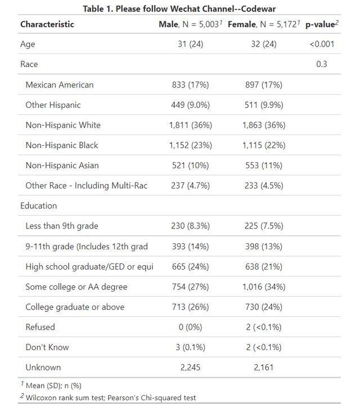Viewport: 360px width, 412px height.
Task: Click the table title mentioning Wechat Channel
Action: tap(179, 8)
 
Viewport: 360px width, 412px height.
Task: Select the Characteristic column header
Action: tap(47, 24)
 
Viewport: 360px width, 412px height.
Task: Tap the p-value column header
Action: tap(322, 24)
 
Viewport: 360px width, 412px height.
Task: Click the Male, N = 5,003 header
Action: tap(191, 24)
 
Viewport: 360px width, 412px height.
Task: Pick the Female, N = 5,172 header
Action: tap(264, 24)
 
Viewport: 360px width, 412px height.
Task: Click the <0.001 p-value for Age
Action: tap(322, 44)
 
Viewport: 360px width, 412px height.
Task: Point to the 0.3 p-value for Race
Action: tap(322, 64)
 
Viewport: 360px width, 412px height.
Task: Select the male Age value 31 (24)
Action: tap(191, 44)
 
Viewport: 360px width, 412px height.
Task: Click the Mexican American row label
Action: tap(60, 84)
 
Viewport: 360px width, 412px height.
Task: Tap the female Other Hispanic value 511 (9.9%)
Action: tap(264, 105)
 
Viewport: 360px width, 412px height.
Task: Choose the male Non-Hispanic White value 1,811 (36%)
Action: tap(191, 125)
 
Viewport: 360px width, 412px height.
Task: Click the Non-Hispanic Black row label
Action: tap(62, 145)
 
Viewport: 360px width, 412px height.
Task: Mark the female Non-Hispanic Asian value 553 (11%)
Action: tap(264, 165)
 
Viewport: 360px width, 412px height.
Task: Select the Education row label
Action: tap(38, 205)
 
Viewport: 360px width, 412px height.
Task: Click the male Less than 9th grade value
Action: tap(191, 226)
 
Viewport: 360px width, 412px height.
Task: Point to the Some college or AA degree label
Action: tap(76, 286)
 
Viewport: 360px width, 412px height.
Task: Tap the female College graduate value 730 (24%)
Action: tap(264, 307)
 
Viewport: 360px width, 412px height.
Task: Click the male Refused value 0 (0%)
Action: tap(191, 327)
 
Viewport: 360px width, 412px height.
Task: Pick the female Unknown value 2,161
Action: tap(264, 368)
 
